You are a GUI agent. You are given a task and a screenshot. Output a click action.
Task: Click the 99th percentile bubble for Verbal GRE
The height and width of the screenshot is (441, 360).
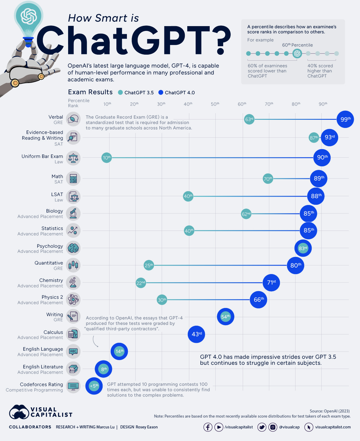coord(345,119)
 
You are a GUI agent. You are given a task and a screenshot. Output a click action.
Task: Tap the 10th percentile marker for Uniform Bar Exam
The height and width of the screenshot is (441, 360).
coord(106,158)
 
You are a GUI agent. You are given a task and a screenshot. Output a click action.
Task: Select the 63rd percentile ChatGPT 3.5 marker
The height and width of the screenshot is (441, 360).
coord(249,119)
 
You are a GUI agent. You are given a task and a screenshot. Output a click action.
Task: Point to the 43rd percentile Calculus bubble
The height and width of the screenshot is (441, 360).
coord(196,334)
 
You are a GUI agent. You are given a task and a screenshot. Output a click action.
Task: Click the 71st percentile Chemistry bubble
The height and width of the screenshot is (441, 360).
coord(271,282)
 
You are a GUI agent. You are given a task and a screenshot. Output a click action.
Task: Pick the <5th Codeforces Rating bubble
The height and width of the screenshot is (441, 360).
coord(94,386)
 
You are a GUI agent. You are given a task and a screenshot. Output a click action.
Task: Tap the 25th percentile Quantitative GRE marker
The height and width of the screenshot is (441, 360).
coord(149,265)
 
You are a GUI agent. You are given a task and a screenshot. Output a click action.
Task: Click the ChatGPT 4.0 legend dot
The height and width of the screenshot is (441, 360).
coord(161,92)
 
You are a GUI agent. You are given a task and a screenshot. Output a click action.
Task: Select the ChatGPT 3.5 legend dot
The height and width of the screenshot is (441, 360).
coord(121,92)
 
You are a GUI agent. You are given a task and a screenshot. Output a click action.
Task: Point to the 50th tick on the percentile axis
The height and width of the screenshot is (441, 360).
coord(215,104)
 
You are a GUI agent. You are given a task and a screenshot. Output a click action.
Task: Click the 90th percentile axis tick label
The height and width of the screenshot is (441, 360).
coord(323,104)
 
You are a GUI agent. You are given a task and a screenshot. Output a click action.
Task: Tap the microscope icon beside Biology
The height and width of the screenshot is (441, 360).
coord(73,213)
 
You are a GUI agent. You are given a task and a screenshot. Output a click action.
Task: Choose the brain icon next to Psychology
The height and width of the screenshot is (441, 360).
coord(73,248)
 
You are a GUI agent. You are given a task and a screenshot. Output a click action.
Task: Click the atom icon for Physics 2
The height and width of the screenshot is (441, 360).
coord(73,299)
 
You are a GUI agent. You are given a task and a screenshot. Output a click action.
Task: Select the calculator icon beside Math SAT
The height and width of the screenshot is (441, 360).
coord(73,179)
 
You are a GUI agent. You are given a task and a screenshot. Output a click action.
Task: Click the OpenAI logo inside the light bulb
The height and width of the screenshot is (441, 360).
coord(28,16)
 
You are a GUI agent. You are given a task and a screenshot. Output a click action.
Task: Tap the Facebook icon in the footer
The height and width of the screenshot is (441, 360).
coord(208,427)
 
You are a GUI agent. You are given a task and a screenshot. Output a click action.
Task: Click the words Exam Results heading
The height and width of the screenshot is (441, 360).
coord(90,92)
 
